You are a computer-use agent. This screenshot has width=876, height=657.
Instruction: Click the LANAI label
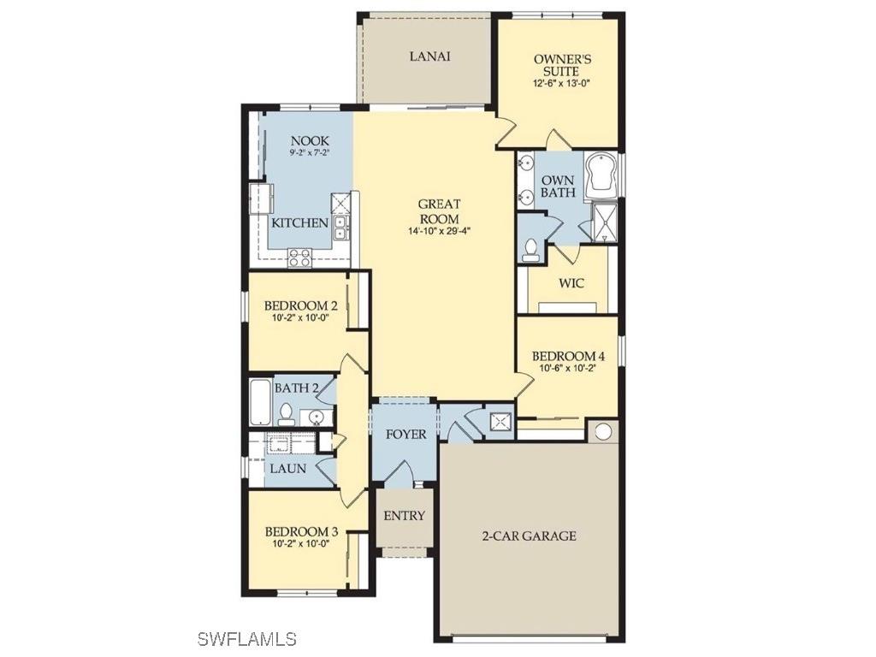429,56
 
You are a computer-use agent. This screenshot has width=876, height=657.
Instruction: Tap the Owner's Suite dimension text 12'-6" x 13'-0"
562,84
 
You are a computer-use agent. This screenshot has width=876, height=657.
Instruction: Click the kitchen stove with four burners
299,256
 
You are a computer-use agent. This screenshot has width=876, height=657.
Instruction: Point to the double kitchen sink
340,227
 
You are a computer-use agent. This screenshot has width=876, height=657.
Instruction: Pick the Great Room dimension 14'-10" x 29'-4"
439,231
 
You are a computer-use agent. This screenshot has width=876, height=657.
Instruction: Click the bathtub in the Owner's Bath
602,176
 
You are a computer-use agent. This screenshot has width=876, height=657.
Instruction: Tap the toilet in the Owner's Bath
531,249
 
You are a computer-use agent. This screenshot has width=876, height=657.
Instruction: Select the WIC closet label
571,283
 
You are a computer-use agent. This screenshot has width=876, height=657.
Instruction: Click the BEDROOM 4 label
568,356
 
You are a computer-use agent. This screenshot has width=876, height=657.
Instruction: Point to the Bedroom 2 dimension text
300,318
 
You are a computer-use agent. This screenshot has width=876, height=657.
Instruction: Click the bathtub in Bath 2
260,402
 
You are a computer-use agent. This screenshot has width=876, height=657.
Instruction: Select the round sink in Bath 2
316,417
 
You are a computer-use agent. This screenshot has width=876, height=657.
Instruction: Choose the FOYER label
405,435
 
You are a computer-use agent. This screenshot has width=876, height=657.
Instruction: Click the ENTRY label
404,516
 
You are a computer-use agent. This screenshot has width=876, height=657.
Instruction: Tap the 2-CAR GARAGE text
528,536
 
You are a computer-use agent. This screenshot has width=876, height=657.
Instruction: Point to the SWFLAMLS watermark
246,638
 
